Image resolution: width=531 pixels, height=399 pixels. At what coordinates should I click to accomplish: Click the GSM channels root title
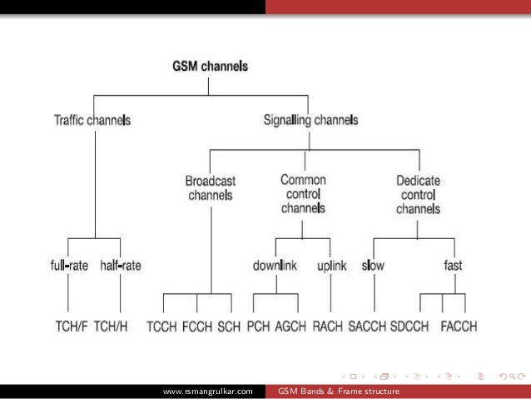[210, 65]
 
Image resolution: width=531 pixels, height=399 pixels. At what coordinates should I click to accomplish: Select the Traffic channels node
[92, 120]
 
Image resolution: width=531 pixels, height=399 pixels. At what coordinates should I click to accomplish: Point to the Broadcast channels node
[210, 188]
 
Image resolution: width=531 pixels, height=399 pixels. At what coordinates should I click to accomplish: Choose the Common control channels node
[303, 193]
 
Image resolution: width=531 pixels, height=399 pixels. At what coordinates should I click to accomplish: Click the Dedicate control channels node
[418, 193]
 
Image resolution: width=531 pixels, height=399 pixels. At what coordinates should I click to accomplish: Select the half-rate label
[121, 266]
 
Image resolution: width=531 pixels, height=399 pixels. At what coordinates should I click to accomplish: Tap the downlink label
[275, 266]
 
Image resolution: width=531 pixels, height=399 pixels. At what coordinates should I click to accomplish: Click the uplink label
[331, 266]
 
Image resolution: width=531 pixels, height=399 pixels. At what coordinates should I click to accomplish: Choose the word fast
[453, 266]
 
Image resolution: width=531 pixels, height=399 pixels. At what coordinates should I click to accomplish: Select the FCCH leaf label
[197, 327]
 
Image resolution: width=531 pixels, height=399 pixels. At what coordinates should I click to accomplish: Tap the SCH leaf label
[229, 327]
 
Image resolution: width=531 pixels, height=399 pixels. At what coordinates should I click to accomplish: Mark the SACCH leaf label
[366, 327]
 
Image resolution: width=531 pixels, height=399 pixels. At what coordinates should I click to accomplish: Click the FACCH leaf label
[457, 327]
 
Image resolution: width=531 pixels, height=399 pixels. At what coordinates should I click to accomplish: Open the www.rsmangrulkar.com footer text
[207, 392]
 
